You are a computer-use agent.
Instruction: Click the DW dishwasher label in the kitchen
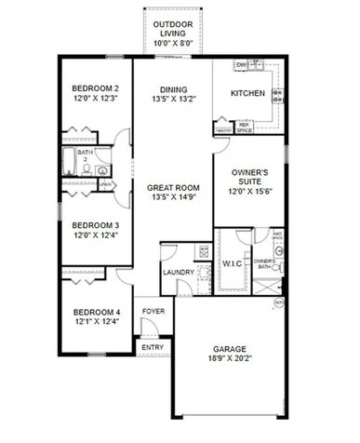tap(240, 65)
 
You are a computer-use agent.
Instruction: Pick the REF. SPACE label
tap(245, 128)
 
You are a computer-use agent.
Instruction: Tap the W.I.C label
tap(231, 263)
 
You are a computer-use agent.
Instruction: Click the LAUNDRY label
tap(178, 272)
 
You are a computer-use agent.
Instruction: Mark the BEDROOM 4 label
tap(96, 312)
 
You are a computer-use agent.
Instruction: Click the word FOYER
tap(153, 313)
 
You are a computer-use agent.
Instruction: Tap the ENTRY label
tap(153, 348)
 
